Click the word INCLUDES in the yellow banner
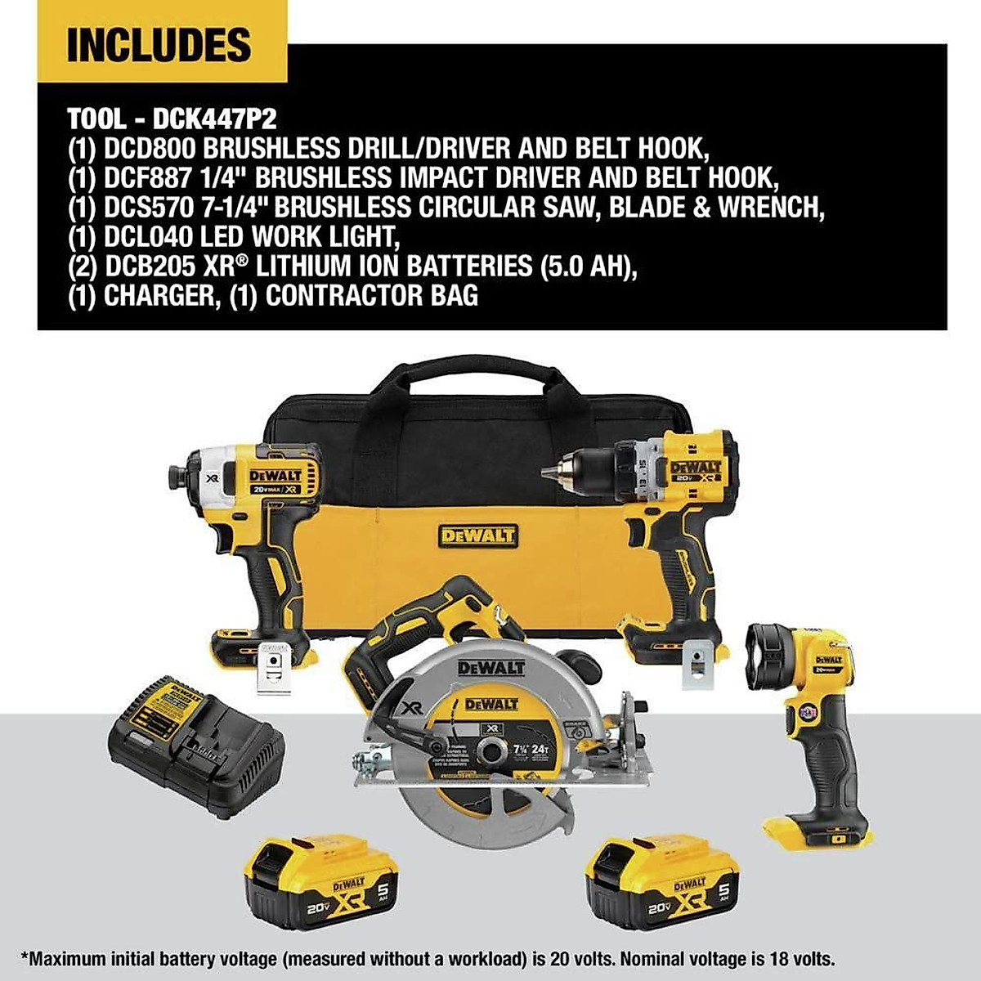(159, 46)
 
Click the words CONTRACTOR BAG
(372, 296)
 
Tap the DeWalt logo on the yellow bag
(478, 536)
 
